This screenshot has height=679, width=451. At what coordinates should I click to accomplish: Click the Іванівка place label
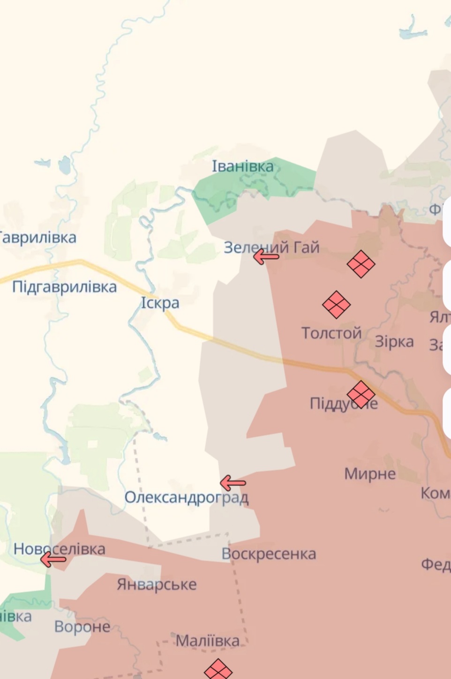(x=242, y=166)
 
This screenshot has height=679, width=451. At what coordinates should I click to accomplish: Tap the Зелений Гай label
(x=271, y=247)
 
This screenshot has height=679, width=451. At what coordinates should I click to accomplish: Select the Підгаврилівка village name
(x=64, y=286)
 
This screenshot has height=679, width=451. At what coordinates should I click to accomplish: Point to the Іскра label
(x=160, y=303)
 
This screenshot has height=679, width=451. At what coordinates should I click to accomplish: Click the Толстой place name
(x=331, y=333)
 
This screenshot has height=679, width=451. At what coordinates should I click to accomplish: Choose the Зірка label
(x=394, y=342)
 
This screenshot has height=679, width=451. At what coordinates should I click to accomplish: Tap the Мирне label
(x=370, y=474)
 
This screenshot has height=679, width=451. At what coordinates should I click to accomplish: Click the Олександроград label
(x=186, y=497)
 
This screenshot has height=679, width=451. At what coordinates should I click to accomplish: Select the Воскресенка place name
(x=269, y=554)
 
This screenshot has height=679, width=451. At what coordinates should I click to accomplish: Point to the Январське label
(x=157, y=584)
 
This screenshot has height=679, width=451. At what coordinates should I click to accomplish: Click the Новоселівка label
(x=59, y=549)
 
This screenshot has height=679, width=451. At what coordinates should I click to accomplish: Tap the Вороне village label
(x=82, y=627)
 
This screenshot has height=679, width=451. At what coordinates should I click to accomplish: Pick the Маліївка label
(x=207, y=641)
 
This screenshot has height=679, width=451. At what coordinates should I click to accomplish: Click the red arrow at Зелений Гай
(x=266, y=256)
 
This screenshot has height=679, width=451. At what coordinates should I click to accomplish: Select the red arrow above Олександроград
(x=233, y=482)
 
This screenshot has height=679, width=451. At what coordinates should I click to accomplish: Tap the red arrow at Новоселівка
(x=53, y=559)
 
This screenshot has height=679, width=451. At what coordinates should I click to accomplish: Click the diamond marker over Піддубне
(x=361, y=394)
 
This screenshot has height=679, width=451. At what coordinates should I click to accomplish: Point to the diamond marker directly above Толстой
(x=336, y=305)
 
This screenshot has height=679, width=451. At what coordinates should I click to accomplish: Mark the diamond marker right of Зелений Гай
(x=361, y=264)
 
